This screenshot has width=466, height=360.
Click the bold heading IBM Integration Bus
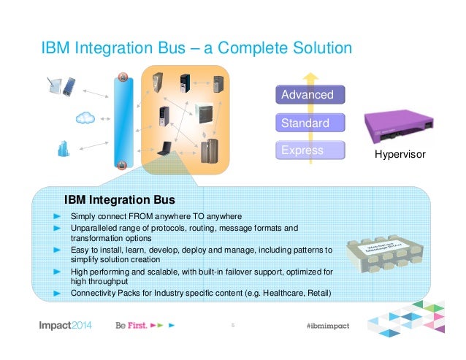pos(120,199)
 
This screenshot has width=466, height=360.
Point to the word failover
pos(252,271)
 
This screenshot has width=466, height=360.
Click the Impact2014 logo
pos(65,326)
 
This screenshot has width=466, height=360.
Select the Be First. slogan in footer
pos(132,326)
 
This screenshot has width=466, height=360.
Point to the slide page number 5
pos(232,326)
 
